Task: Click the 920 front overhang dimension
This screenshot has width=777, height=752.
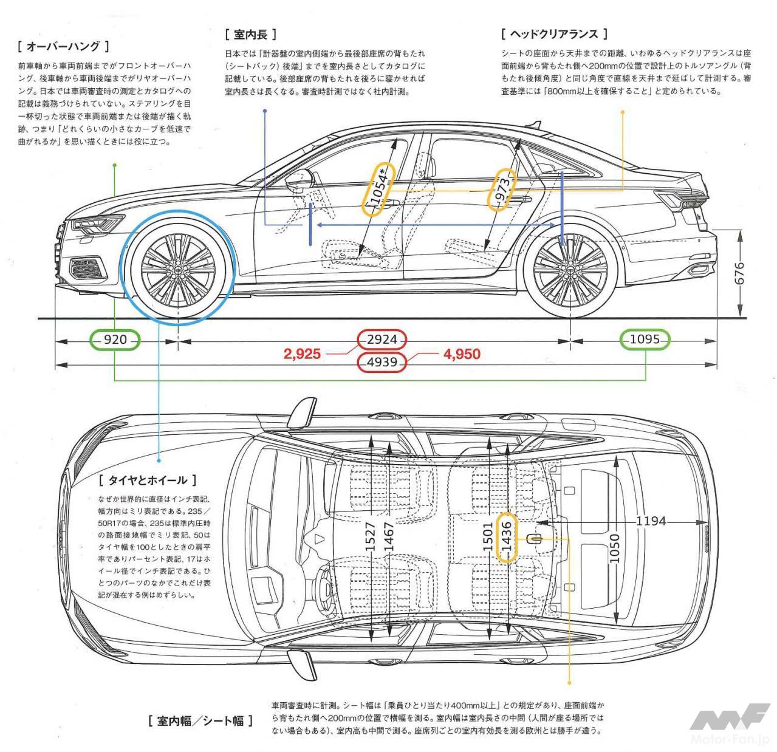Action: tap(115, 340)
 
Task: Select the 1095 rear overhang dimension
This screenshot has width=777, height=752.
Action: tap(645, 340)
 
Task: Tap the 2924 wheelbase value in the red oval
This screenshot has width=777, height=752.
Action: tap(382, 340)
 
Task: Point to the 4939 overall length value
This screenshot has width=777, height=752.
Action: tap(382, 363)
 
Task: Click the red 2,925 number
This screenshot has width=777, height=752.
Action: tap(302, 354)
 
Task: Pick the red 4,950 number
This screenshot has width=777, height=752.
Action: tap(462, 354)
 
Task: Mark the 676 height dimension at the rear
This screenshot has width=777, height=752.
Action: tap(739, 273)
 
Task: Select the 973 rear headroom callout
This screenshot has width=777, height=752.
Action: tap(503, 189)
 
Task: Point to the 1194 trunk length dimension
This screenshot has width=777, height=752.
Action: tap(651, 521)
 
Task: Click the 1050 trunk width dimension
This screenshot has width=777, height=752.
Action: tap(615, 548)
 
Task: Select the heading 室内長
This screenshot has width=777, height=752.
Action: tap(250, 34)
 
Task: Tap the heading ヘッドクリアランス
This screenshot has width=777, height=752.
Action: tap(555, 34)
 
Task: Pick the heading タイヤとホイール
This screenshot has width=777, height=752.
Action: tap(148, 480)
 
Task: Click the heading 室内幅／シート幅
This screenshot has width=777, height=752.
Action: tap(200, 721)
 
